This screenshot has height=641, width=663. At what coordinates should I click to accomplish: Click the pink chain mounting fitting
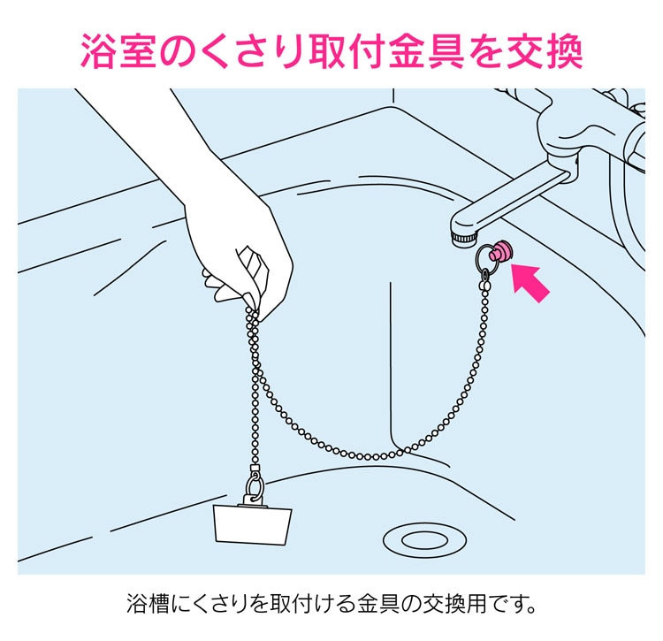pos(500,252)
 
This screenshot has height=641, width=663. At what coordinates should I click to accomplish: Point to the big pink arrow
pos(530,283)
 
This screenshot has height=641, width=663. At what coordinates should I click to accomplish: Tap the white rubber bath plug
pos(253,524)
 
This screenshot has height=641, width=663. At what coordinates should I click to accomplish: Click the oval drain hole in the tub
pos(424,540)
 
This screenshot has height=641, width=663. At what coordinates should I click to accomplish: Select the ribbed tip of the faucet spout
pos(464,239)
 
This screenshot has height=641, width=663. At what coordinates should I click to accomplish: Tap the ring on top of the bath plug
pos(255,485)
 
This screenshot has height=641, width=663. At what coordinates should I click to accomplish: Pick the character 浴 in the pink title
pos(96,50)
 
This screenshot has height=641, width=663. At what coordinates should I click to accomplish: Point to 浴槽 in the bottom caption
pos(148,603)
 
